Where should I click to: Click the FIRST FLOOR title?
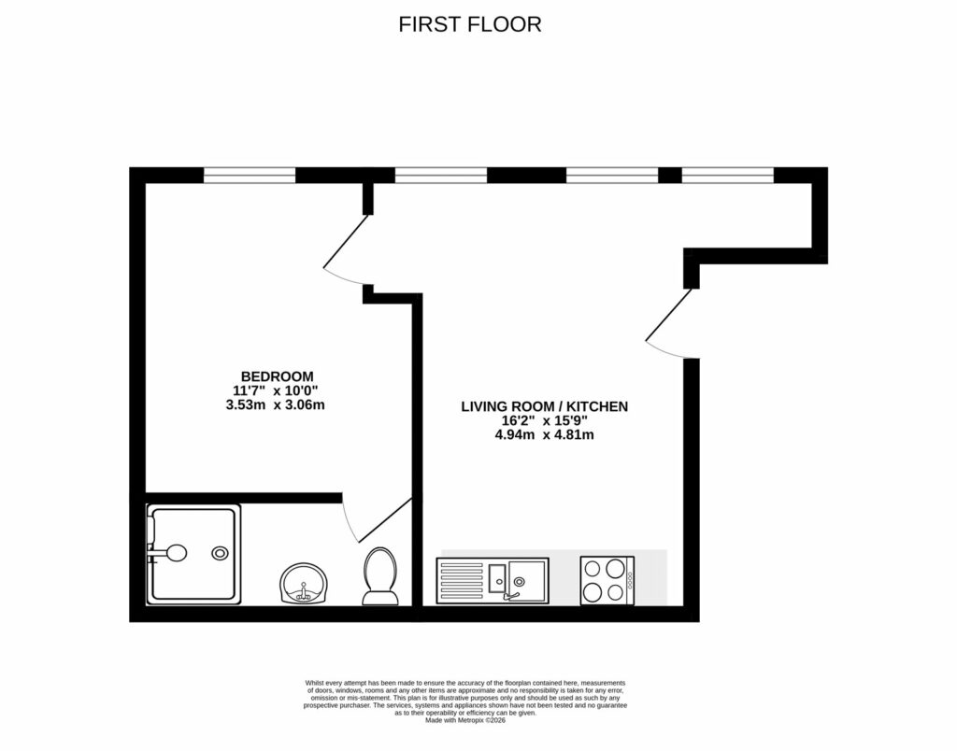[x=470, y=24]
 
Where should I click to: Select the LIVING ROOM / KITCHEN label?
[x=544, y=406]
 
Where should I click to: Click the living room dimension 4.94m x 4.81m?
[x=544, y=434]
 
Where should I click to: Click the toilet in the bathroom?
[x=379, y=576]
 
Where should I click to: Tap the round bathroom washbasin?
[x=303, y=584]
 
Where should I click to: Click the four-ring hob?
[x=603, y=580]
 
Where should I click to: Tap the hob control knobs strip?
[x=630, y=580]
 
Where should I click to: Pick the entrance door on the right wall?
[x=670, y=322]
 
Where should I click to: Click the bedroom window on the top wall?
[x=250, y=174]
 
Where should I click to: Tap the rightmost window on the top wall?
[x=728, y=174]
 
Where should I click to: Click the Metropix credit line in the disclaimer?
[x=464, y=720]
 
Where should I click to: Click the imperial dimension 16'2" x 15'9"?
[x=544, y=420]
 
